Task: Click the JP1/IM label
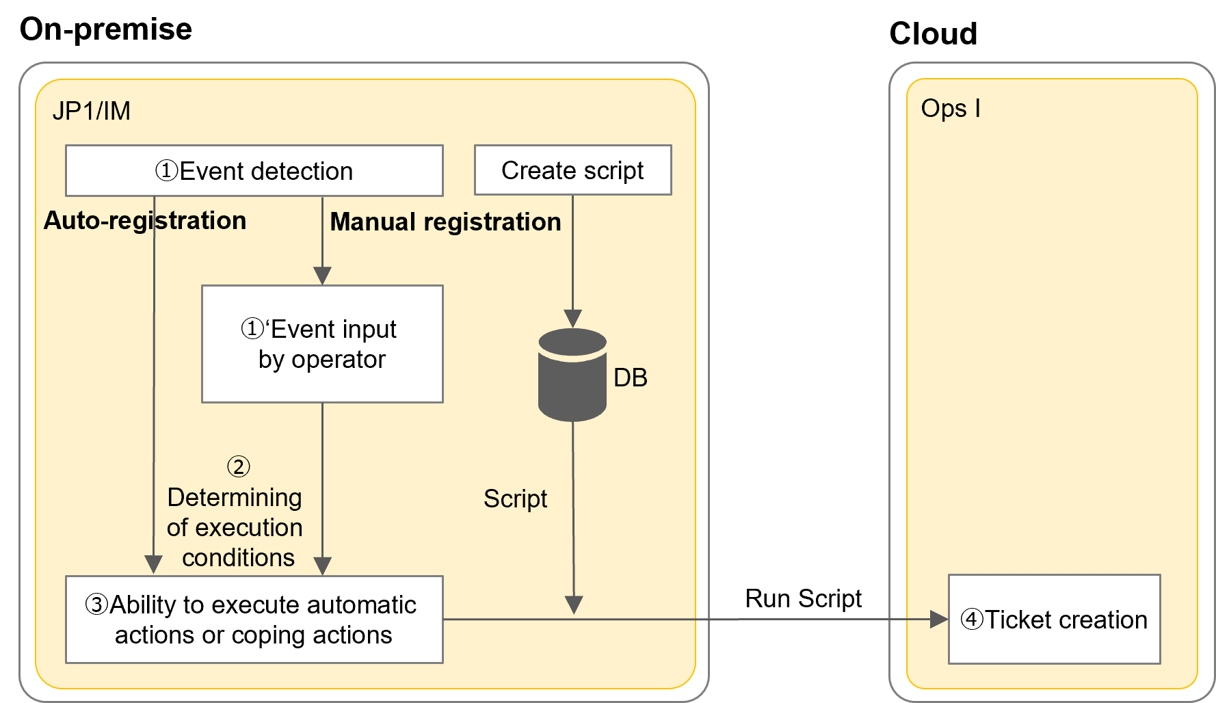91,111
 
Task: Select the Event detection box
254,170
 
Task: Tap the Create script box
572,170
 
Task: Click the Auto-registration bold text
144,221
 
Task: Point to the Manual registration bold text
445,222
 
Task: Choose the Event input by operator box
322,344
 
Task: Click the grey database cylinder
572,376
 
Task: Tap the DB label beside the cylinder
630,377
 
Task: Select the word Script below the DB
515,499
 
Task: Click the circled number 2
238,467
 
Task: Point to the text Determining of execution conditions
235,527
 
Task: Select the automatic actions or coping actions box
254,620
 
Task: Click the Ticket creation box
1054,620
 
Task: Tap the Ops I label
950,108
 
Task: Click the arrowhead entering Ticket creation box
940,620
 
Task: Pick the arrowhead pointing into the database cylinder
572,318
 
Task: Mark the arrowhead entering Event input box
322,276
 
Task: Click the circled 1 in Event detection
166,171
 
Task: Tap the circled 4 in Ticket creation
972,620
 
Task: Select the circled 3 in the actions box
96,605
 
